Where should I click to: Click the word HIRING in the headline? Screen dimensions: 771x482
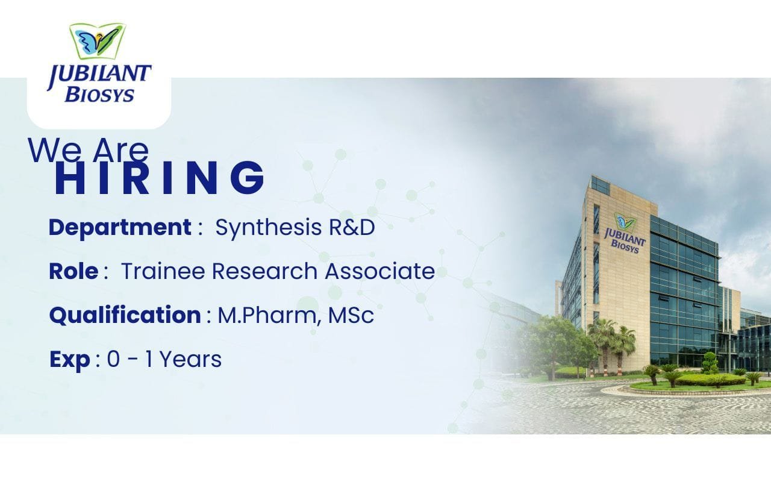tap(160, 178)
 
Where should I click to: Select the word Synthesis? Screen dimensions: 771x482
tap(269, 228)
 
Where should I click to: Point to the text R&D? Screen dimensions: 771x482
tap(352, 228)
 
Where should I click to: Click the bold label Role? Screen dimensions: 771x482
tap(73, 271)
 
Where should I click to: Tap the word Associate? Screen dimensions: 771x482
tap(380, 271)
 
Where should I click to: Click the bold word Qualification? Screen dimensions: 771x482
tap(125, 316)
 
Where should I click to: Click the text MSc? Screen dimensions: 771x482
tap(351, 315)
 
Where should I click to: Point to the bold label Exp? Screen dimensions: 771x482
tap(69, 360)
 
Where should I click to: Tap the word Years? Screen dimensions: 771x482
tap(190, 360)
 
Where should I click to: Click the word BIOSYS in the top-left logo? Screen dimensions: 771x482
tap(99, 95)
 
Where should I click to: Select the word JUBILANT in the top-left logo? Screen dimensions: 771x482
tap(99, 75)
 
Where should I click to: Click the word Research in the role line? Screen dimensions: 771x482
tap(264, 271)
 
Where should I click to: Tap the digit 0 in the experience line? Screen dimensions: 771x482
tap(113, 360)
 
